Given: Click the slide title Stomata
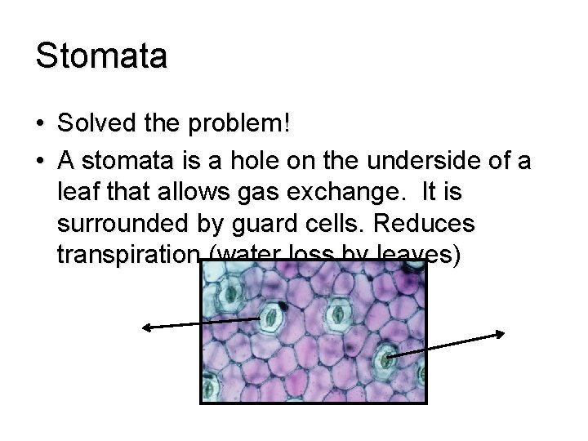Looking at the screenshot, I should point(101,56).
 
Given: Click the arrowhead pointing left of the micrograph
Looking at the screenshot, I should point(146,327).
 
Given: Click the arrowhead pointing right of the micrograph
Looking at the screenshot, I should point(502,332).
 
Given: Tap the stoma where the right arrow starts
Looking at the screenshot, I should point(385,357).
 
